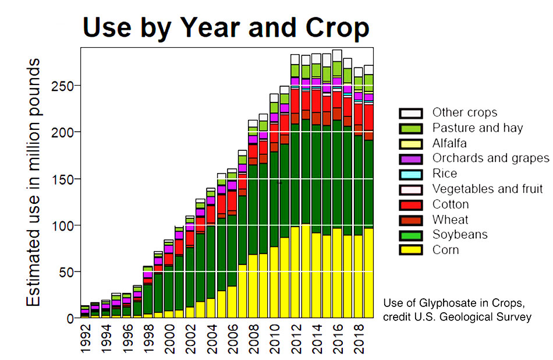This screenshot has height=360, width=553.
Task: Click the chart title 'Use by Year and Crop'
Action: (x=226, y=27)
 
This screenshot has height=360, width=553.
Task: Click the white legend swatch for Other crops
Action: (x=410, y=113)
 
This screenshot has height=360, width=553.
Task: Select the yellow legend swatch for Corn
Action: (x=410, y=250)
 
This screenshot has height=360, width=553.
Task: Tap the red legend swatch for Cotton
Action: (x=410, y=204)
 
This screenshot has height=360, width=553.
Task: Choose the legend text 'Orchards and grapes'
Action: (x=491, y=158)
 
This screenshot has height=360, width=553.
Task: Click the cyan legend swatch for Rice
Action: (x=410, y=174)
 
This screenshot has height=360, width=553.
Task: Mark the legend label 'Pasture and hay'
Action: (x=477, y=128)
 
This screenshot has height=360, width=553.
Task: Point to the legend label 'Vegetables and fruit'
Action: (x=487, y=189)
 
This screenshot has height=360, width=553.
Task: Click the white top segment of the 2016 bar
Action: (x=337, y=55)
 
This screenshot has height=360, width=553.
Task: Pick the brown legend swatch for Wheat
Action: (x=410, y=220)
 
